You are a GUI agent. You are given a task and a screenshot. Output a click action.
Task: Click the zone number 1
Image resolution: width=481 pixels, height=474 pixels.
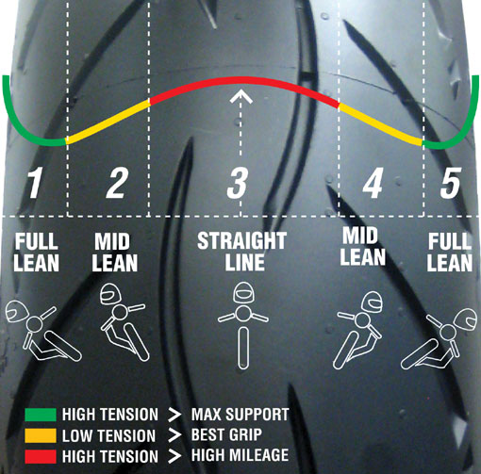click(35, 183)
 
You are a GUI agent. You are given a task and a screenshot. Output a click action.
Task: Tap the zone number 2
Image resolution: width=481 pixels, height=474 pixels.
click(117, 183)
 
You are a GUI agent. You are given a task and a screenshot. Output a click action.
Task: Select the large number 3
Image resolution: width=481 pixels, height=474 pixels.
click(238, 183)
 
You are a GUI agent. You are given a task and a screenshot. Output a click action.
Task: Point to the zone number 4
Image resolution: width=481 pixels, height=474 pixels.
click(373, 183)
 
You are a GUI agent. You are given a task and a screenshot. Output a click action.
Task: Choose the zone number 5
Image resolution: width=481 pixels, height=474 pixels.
click(451, 183)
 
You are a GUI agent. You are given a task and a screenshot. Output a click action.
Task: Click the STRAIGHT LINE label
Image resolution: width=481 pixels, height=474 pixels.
click(242, 252)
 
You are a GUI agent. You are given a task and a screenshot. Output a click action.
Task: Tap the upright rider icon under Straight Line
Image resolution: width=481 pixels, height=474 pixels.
click(243, 325)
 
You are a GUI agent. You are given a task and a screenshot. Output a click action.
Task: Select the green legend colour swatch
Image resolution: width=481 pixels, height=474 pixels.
click(41, 415)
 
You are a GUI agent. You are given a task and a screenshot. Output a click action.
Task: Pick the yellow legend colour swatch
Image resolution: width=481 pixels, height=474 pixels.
click(41, 435)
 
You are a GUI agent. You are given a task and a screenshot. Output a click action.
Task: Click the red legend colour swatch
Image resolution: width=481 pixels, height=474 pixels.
click(41, 457)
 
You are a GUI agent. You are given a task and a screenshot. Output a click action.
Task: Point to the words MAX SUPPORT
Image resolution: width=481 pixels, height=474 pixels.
click(240, 415)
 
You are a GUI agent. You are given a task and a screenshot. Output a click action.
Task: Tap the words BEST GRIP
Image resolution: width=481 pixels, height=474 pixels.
click(226, 435)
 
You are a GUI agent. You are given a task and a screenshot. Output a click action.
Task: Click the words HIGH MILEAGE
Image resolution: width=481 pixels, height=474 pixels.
click(240, 455)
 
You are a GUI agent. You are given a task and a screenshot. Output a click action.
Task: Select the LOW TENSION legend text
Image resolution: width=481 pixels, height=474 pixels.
click(108, 436)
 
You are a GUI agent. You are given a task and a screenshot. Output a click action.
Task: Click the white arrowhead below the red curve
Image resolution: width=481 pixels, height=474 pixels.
click(240, 96)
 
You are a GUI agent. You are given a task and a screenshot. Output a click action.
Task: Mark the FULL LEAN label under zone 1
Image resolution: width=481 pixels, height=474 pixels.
click(37, 253)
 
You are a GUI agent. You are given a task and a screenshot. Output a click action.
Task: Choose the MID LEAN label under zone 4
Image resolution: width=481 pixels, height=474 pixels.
click(363, 247)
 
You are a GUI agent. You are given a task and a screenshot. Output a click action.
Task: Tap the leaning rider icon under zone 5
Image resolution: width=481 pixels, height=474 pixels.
click(439, 338)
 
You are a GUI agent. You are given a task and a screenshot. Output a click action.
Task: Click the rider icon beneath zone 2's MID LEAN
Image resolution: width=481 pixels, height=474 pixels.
click(124, 322)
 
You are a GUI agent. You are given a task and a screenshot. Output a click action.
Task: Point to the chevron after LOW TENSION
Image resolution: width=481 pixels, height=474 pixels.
click(174, 435)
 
